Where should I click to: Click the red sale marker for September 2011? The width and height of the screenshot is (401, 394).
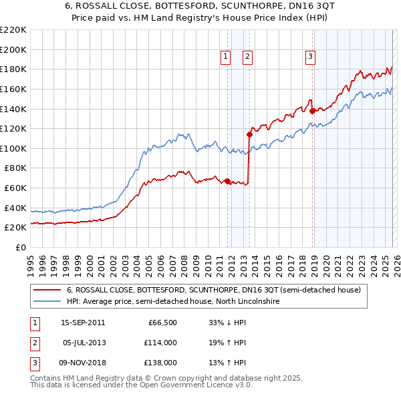(x=227, y=181)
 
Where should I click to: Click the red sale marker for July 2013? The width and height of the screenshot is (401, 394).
(x=249, y=134)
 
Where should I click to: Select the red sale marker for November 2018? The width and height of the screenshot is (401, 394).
(x=312, y=111)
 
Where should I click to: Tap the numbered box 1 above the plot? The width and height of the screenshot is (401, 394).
(x=225, y=57)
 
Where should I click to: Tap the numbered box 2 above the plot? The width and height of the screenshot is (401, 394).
(x=247, y=57)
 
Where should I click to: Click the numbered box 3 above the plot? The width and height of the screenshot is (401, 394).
(x=311, y=57)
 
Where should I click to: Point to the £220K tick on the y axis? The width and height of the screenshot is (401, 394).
(x=13, y=30)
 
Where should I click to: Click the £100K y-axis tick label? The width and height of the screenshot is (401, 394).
(x=13, y=148)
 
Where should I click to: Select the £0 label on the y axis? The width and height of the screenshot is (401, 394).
(x=20, y=247)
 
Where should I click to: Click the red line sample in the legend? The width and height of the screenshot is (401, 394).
(x=47, y=290)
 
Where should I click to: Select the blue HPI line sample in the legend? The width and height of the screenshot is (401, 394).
(x=47, y=302)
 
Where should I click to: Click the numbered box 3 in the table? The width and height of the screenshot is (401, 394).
(x=33, y=363)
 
